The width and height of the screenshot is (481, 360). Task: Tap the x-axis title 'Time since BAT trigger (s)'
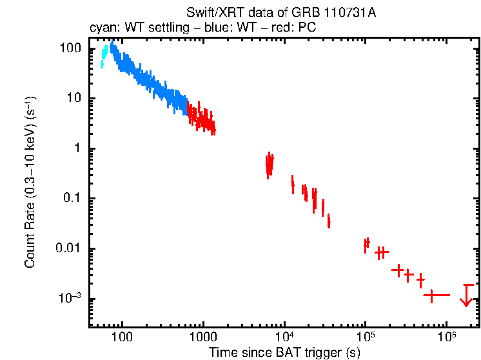284,352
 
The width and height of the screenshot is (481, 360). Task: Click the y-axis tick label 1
76,148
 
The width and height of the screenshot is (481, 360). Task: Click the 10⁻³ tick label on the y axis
70,299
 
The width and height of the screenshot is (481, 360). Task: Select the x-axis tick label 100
121,336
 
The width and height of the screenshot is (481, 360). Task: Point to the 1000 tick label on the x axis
202,336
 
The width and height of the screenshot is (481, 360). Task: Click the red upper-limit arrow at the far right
466,296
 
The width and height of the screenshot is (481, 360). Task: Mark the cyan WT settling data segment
104,56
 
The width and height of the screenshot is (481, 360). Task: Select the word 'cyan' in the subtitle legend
100,28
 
